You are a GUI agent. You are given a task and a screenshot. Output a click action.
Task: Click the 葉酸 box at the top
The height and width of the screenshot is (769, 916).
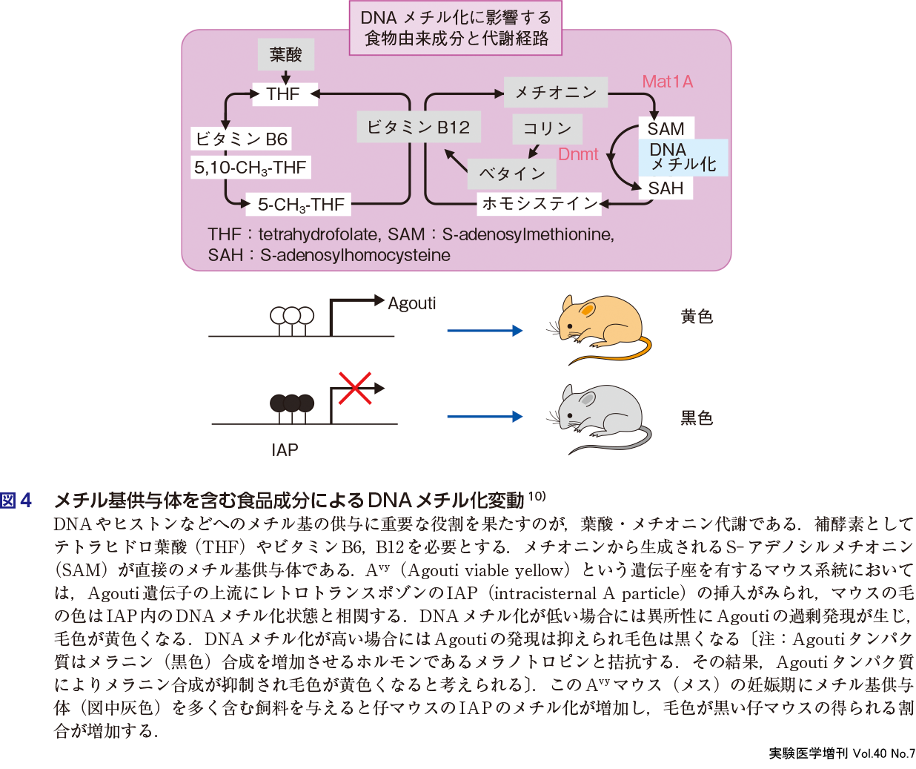pos(286,55)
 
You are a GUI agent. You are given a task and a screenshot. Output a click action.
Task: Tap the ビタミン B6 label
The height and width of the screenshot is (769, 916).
pos(242,139)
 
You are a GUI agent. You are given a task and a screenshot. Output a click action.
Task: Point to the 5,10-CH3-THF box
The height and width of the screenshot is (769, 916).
pos(250,168)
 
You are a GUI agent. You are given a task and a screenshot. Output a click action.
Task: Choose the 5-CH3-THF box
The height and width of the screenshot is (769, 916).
pos(300,204)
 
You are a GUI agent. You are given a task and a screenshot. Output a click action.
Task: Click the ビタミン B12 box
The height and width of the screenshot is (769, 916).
pos(419,127)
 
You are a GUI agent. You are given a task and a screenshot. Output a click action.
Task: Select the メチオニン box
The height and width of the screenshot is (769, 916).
pos(556,92)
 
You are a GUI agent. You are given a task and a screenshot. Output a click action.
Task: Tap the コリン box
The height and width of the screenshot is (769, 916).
pos(547,128)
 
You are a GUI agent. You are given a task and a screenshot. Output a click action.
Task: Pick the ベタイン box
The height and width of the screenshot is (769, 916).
pos(511,174)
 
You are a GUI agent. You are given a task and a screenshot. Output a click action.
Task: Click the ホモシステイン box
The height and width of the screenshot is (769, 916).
pos(539,203)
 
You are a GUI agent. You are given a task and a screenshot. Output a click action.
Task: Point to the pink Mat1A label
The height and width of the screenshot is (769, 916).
pos(667,82)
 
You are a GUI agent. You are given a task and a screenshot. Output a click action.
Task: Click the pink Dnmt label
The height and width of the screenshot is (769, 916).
pos(578,154)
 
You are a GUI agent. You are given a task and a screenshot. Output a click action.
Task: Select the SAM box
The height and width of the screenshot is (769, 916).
pos(666,129)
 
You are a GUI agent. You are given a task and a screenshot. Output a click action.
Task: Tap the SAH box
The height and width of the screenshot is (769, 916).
pos(666,188)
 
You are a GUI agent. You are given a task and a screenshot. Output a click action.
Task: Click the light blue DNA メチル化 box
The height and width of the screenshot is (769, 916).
pos(683,157)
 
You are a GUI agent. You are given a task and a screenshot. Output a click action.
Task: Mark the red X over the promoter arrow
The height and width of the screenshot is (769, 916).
pos(354,388)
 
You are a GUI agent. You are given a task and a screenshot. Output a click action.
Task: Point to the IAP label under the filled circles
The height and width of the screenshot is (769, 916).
pos(285,450)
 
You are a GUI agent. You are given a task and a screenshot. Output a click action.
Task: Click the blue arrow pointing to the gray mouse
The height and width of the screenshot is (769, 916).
pos(485,417)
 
